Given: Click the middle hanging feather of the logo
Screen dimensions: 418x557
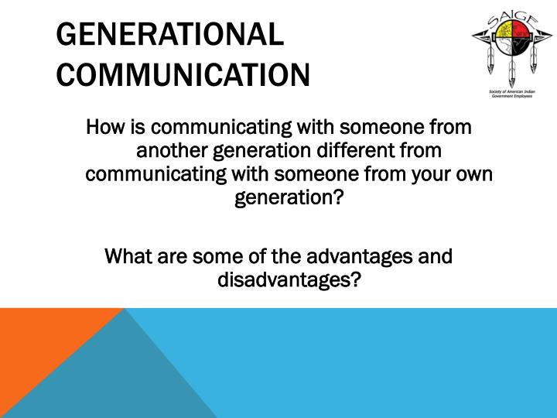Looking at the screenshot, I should [x=511, y=76].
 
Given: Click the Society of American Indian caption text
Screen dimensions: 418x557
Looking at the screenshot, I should [x=511, y=92].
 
